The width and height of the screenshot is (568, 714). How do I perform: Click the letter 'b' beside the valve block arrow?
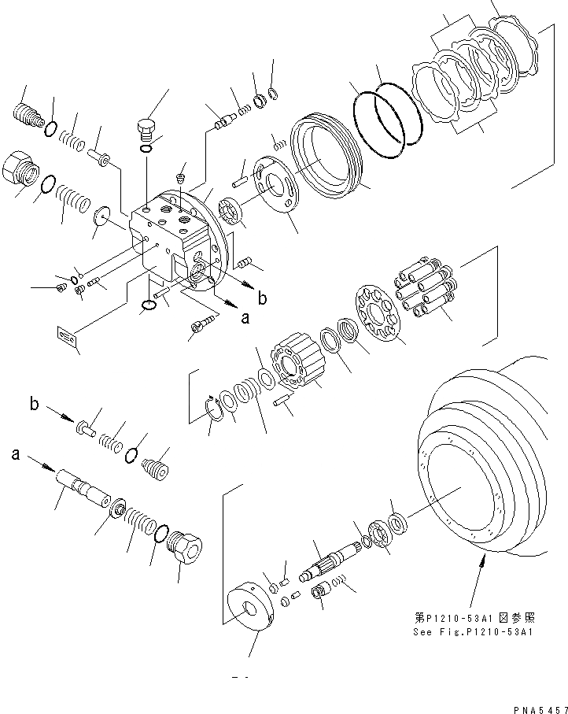(262, 298)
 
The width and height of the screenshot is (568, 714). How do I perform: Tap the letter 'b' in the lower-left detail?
(35, 405)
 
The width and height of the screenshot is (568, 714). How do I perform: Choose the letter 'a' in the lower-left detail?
(15, 454)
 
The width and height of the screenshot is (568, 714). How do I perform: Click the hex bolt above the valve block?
(147, 128)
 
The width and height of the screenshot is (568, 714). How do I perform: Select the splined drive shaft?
(327, 565)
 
